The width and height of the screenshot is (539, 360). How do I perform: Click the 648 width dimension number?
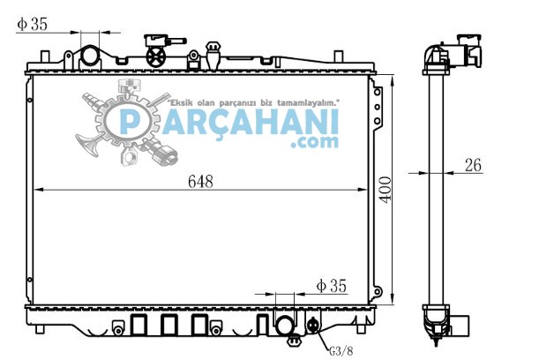[200, 182]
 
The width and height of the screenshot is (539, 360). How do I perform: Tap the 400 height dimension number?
[386, 190]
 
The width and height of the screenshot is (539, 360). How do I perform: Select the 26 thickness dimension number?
[473, 165]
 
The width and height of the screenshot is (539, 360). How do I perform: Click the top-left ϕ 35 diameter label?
[32, 24]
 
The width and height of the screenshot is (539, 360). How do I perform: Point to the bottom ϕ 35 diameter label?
[332, 286]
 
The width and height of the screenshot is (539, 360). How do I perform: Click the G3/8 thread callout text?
[341, 351]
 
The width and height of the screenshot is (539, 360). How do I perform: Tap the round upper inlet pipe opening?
[90, 56]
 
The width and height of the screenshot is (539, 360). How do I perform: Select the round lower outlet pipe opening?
[285, 325]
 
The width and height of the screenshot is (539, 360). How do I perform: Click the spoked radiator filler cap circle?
[156, 56]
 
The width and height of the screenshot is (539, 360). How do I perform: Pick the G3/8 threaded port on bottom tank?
[313, 325]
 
